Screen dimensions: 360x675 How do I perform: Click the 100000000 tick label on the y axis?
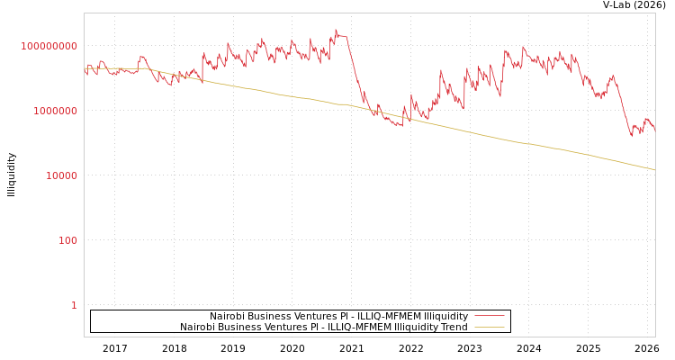pyautogui.click(x=49, y=46)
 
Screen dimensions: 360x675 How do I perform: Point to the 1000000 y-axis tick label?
pyautogui.click(x=55, y=111)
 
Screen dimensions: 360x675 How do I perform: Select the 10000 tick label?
pyautogui.click(x=61, y=175)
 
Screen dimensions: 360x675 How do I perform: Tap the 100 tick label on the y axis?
pyautogui.click(x=68, y=240)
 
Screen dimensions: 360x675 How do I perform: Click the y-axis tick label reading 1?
pyautogui.click(x=74, y=305)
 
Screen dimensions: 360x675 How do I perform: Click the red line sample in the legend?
pyautogui.click(x=489, y=317)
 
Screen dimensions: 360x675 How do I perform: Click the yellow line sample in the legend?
pyautogui.click(x=489, y=328)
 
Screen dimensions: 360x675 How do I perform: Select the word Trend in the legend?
pyautogui.click(x=453, y=328)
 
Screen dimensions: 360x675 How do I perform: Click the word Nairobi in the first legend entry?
pyautogui.click(x=228, y=317)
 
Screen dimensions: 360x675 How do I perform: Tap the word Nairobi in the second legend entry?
pyautogui.click(x=197, y=328)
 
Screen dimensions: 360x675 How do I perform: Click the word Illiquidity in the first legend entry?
pyautogui.click(x=446, y=317)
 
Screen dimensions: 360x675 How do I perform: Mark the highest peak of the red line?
pyautogui.click(x=337, y=29)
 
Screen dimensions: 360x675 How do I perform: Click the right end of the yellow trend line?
pyautogui.click(x=654, y=170)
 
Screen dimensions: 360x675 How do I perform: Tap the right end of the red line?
pyautogui.click(x=654, y=130)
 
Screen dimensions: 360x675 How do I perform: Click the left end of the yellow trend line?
pyautogui.click(x=85, y=67)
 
